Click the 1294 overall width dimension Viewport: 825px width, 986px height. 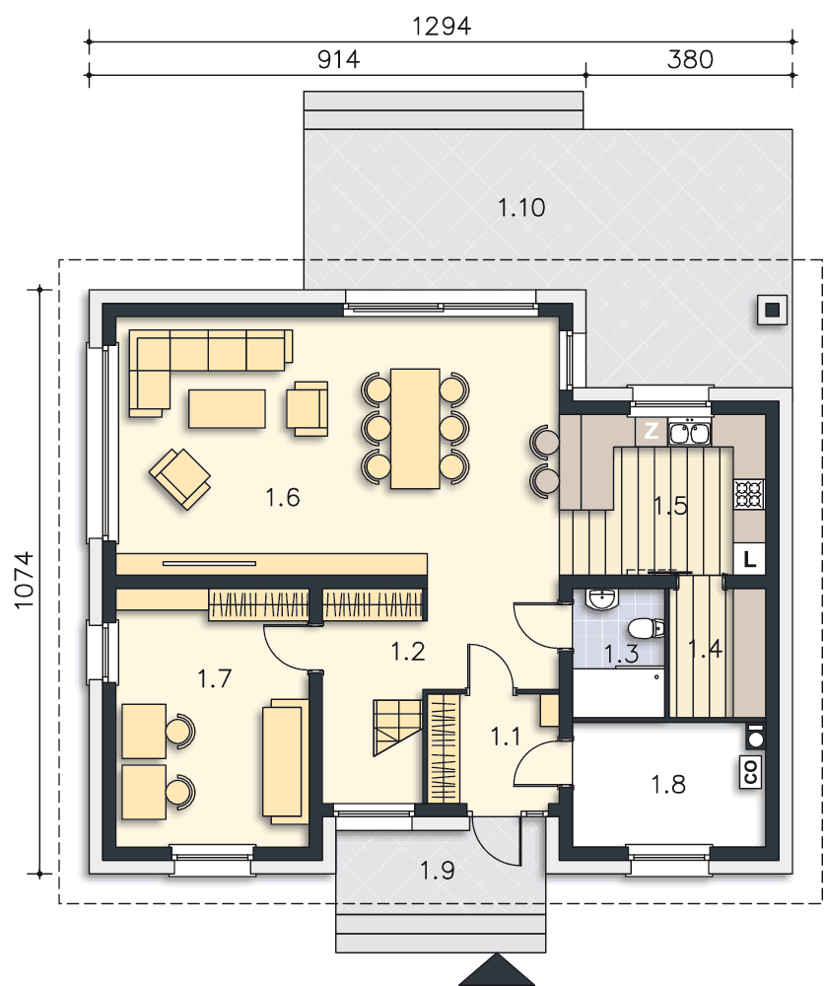pyautogui.click(x=442, y=27)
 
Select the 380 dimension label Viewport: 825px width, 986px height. pyautogui.click(x=690, y=60)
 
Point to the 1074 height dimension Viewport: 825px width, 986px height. pyautogui.click(x=24, y=580)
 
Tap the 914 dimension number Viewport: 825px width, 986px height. pyautogui.click(x=338, y=60)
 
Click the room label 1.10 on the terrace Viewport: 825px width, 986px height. pyautogui.click(x=521, y=207)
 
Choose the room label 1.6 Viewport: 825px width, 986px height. pyautogui.click(x=282, y=497)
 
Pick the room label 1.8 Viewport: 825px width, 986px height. pyautogui.click(x=668, y=784)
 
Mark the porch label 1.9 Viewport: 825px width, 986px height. pyautogui.click(x=437, y=871)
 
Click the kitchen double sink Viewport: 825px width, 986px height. pyautogui.click(x=690, y=433)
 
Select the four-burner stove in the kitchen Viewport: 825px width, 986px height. pyautogui.click(x=749, y=494)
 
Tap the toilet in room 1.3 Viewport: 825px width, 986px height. pyautogui.click(x=646, y=627)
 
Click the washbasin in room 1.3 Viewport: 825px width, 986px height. pyautogui.click(x=601, y=599)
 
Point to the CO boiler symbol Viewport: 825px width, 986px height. pyautogui.click(x=751, y=772)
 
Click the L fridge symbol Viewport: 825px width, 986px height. pyautogui.click(x=749, y=558)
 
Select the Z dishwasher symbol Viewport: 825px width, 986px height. pyautogui.click(x=652, y=431)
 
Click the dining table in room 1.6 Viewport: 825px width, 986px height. pyautogui.click(x=415, y=428)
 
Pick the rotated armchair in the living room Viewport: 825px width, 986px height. pyautogui.click(x=179, y=478)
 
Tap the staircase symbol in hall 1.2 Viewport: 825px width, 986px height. pyautogui.click(x=397, y=727)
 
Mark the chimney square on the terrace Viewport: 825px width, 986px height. pyautogui.click(x=772, y=310)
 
